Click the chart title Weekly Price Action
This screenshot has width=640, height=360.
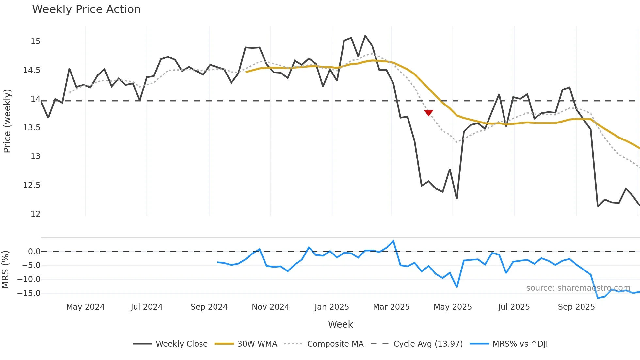(x=86, y=9)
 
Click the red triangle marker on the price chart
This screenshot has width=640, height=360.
(x=428, y=113)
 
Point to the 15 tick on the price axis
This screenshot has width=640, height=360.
(x=35, y=41)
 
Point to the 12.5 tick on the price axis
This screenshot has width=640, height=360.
(x=32, y=185)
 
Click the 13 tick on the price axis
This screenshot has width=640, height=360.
(x=35, y=156)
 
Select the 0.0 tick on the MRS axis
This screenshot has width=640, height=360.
(x=34, y=252)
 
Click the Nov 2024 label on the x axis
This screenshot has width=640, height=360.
(x=270, y=307)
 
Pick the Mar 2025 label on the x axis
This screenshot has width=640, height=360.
(x=391, y=307)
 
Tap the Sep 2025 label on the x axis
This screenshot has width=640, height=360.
(x=576, y=307)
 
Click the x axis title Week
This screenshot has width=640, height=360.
(x=340, y=324)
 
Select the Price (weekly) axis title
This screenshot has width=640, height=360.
(x=7, y=121)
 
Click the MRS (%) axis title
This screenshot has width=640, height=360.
(x=5, y=270)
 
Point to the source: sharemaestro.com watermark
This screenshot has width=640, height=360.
(x=578, y=288)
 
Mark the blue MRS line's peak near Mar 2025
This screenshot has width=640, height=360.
(x=393, y=241)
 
